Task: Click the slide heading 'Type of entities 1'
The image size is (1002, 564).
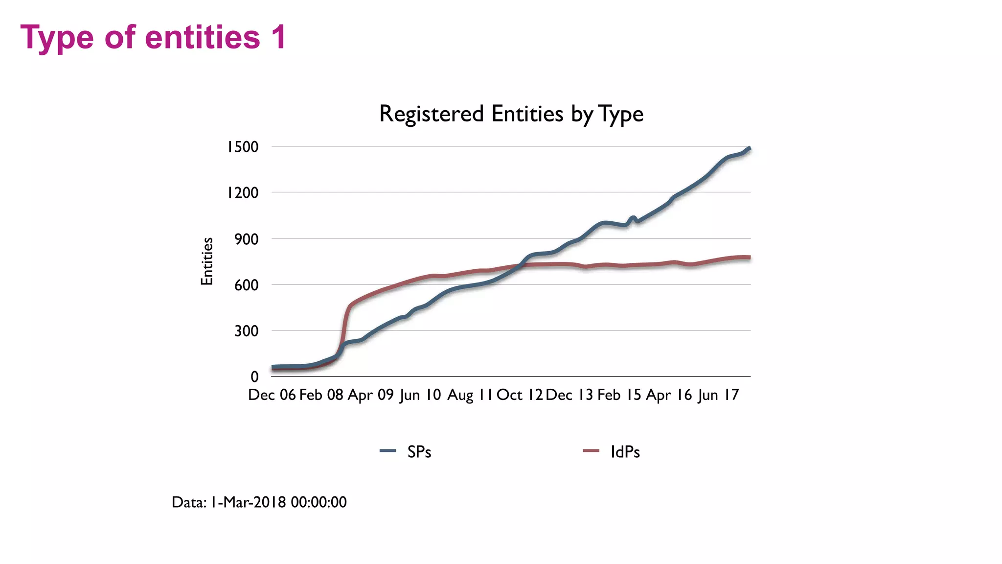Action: [153, 37]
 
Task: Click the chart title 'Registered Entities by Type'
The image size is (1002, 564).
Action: [511, 114]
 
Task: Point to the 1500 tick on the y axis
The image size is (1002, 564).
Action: [242, 147]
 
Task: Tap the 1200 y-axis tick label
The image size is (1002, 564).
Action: [242, 193]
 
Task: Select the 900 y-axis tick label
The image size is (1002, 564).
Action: [246, 239]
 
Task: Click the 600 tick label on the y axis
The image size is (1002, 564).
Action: [246, 285]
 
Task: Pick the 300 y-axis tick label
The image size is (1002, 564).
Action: [246, 331]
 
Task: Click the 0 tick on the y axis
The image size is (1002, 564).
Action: [254, 377]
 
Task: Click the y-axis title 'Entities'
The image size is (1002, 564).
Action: [207, 261]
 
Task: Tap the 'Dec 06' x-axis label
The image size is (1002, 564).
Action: [272, 395]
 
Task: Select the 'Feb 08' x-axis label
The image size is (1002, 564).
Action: [321, 395]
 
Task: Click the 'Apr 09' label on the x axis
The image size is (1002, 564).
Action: [371, 395]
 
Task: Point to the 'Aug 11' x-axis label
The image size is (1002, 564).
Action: [470, 395]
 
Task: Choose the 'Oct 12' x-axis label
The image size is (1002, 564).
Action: [520, 395]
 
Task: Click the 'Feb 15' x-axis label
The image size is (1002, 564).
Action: [619, 395]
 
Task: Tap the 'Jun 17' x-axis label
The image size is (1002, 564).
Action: [718, 395]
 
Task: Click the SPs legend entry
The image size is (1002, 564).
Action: [406, 451]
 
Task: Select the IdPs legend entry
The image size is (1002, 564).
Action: [612, 451]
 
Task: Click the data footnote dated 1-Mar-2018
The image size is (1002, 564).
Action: [259, 502]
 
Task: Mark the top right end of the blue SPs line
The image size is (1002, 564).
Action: [750, 148]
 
